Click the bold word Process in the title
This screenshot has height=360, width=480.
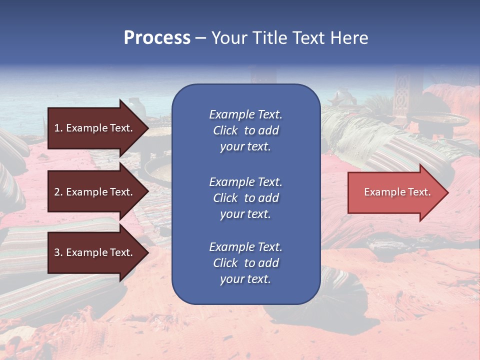pyautogui.click(x=157, y=38)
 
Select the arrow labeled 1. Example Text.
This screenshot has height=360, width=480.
pyautogui.click(x=94, y=128)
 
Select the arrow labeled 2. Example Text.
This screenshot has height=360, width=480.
pyautogui.click(x=94, y=192)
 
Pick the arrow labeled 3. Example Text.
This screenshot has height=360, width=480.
pyautogui.click(x=94, y=252)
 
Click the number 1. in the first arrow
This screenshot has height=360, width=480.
pyautogui.click(x=58, y=128)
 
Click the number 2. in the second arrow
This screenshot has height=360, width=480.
pyautogui.click(x=58, y=192)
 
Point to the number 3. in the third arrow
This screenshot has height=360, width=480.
pyautogui.click(x=58, y=252)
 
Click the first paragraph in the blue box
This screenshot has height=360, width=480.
pyautogui.click(x=245, y=130)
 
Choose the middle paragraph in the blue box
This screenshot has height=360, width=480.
pyautogui.click(x=245, y=198)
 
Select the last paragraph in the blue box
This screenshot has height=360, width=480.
pyautogui.click(x=245, y=263)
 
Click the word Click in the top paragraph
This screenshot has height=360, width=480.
pyautogui.click(x=225, y=130)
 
